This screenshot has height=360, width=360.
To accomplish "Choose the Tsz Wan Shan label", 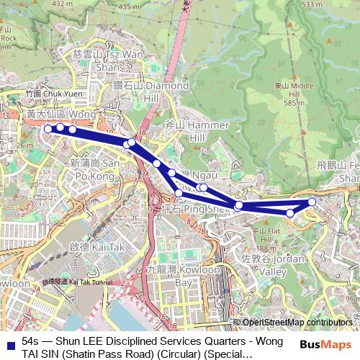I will tap(108, 60).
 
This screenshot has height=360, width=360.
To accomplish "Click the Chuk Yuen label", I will tap(45, 94).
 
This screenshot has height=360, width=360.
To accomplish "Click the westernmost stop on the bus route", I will tap(48, 129).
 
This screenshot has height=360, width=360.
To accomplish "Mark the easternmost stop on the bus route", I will tap(312, 202).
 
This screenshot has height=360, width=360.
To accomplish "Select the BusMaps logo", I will tap(328, 345).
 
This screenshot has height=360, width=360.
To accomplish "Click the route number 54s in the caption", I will tap(31, 340).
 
